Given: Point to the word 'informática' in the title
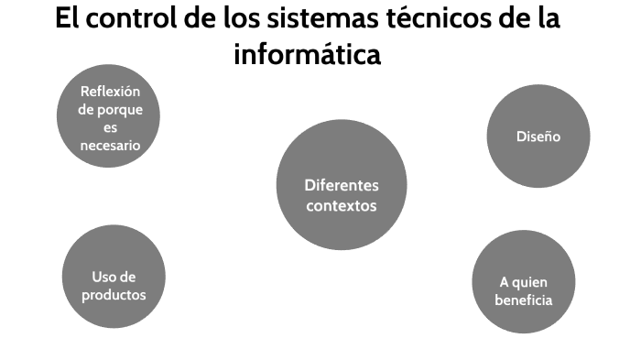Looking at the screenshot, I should [307, 54].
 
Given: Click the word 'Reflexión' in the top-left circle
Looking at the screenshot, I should [110, 91].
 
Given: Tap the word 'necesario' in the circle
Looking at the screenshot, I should [110, 145].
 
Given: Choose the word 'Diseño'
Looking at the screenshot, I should [538, 136].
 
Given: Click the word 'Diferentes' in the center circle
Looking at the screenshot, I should [341, 185].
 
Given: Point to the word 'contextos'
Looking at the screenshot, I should [341, 205].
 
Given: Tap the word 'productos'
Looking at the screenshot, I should [114, 294].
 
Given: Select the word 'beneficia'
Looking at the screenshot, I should [523, 300].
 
